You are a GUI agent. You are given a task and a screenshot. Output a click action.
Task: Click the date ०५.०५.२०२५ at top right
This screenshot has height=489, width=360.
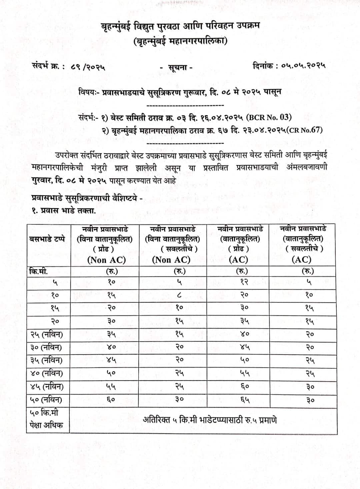tap(303, 66)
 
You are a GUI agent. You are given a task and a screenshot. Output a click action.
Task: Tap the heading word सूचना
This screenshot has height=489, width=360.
tap(180, 67)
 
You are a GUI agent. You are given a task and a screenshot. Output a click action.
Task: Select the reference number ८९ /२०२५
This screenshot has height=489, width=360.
tap(88, 67)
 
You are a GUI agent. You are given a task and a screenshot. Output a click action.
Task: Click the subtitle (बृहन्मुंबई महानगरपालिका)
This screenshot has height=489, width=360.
tap(180, 41)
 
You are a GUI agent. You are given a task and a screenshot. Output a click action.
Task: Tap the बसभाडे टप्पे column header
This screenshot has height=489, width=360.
tap(47, 239)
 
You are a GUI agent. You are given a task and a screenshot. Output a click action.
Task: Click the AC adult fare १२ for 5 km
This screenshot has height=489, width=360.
tap(244, 282)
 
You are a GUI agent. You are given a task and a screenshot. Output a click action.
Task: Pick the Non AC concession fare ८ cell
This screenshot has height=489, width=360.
tap(180, 295)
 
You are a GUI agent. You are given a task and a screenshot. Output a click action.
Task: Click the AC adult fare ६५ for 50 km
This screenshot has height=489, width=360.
tap(245, 400)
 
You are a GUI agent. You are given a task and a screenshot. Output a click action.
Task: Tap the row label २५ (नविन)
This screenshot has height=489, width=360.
tap(46, 334)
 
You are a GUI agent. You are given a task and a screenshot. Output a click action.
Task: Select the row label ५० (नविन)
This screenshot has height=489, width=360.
tap(46, 400)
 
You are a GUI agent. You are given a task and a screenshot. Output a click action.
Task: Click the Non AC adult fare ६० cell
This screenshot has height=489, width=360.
tap(111, 400)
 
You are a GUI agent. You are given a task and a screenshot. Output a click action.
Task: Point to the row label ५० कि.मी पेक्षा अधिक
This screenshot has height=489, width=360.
tap(46, 419)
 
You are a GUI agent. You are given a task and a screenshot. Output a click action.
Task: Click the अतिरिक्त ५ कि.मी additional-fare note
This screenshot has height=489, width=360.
tap(210, 420)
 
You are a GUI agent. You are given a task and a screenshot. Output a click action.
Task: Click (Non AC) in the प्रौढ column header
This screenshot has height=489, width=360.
tap(106, 260)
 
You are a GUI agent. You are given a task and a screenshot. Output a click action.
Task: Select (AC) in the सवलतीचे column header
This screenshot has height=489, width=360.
tap(301, 260)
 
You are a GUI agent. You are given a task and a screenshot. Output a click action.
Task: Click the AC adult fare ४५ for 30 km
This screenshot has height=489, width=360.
tap(245, 347)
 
